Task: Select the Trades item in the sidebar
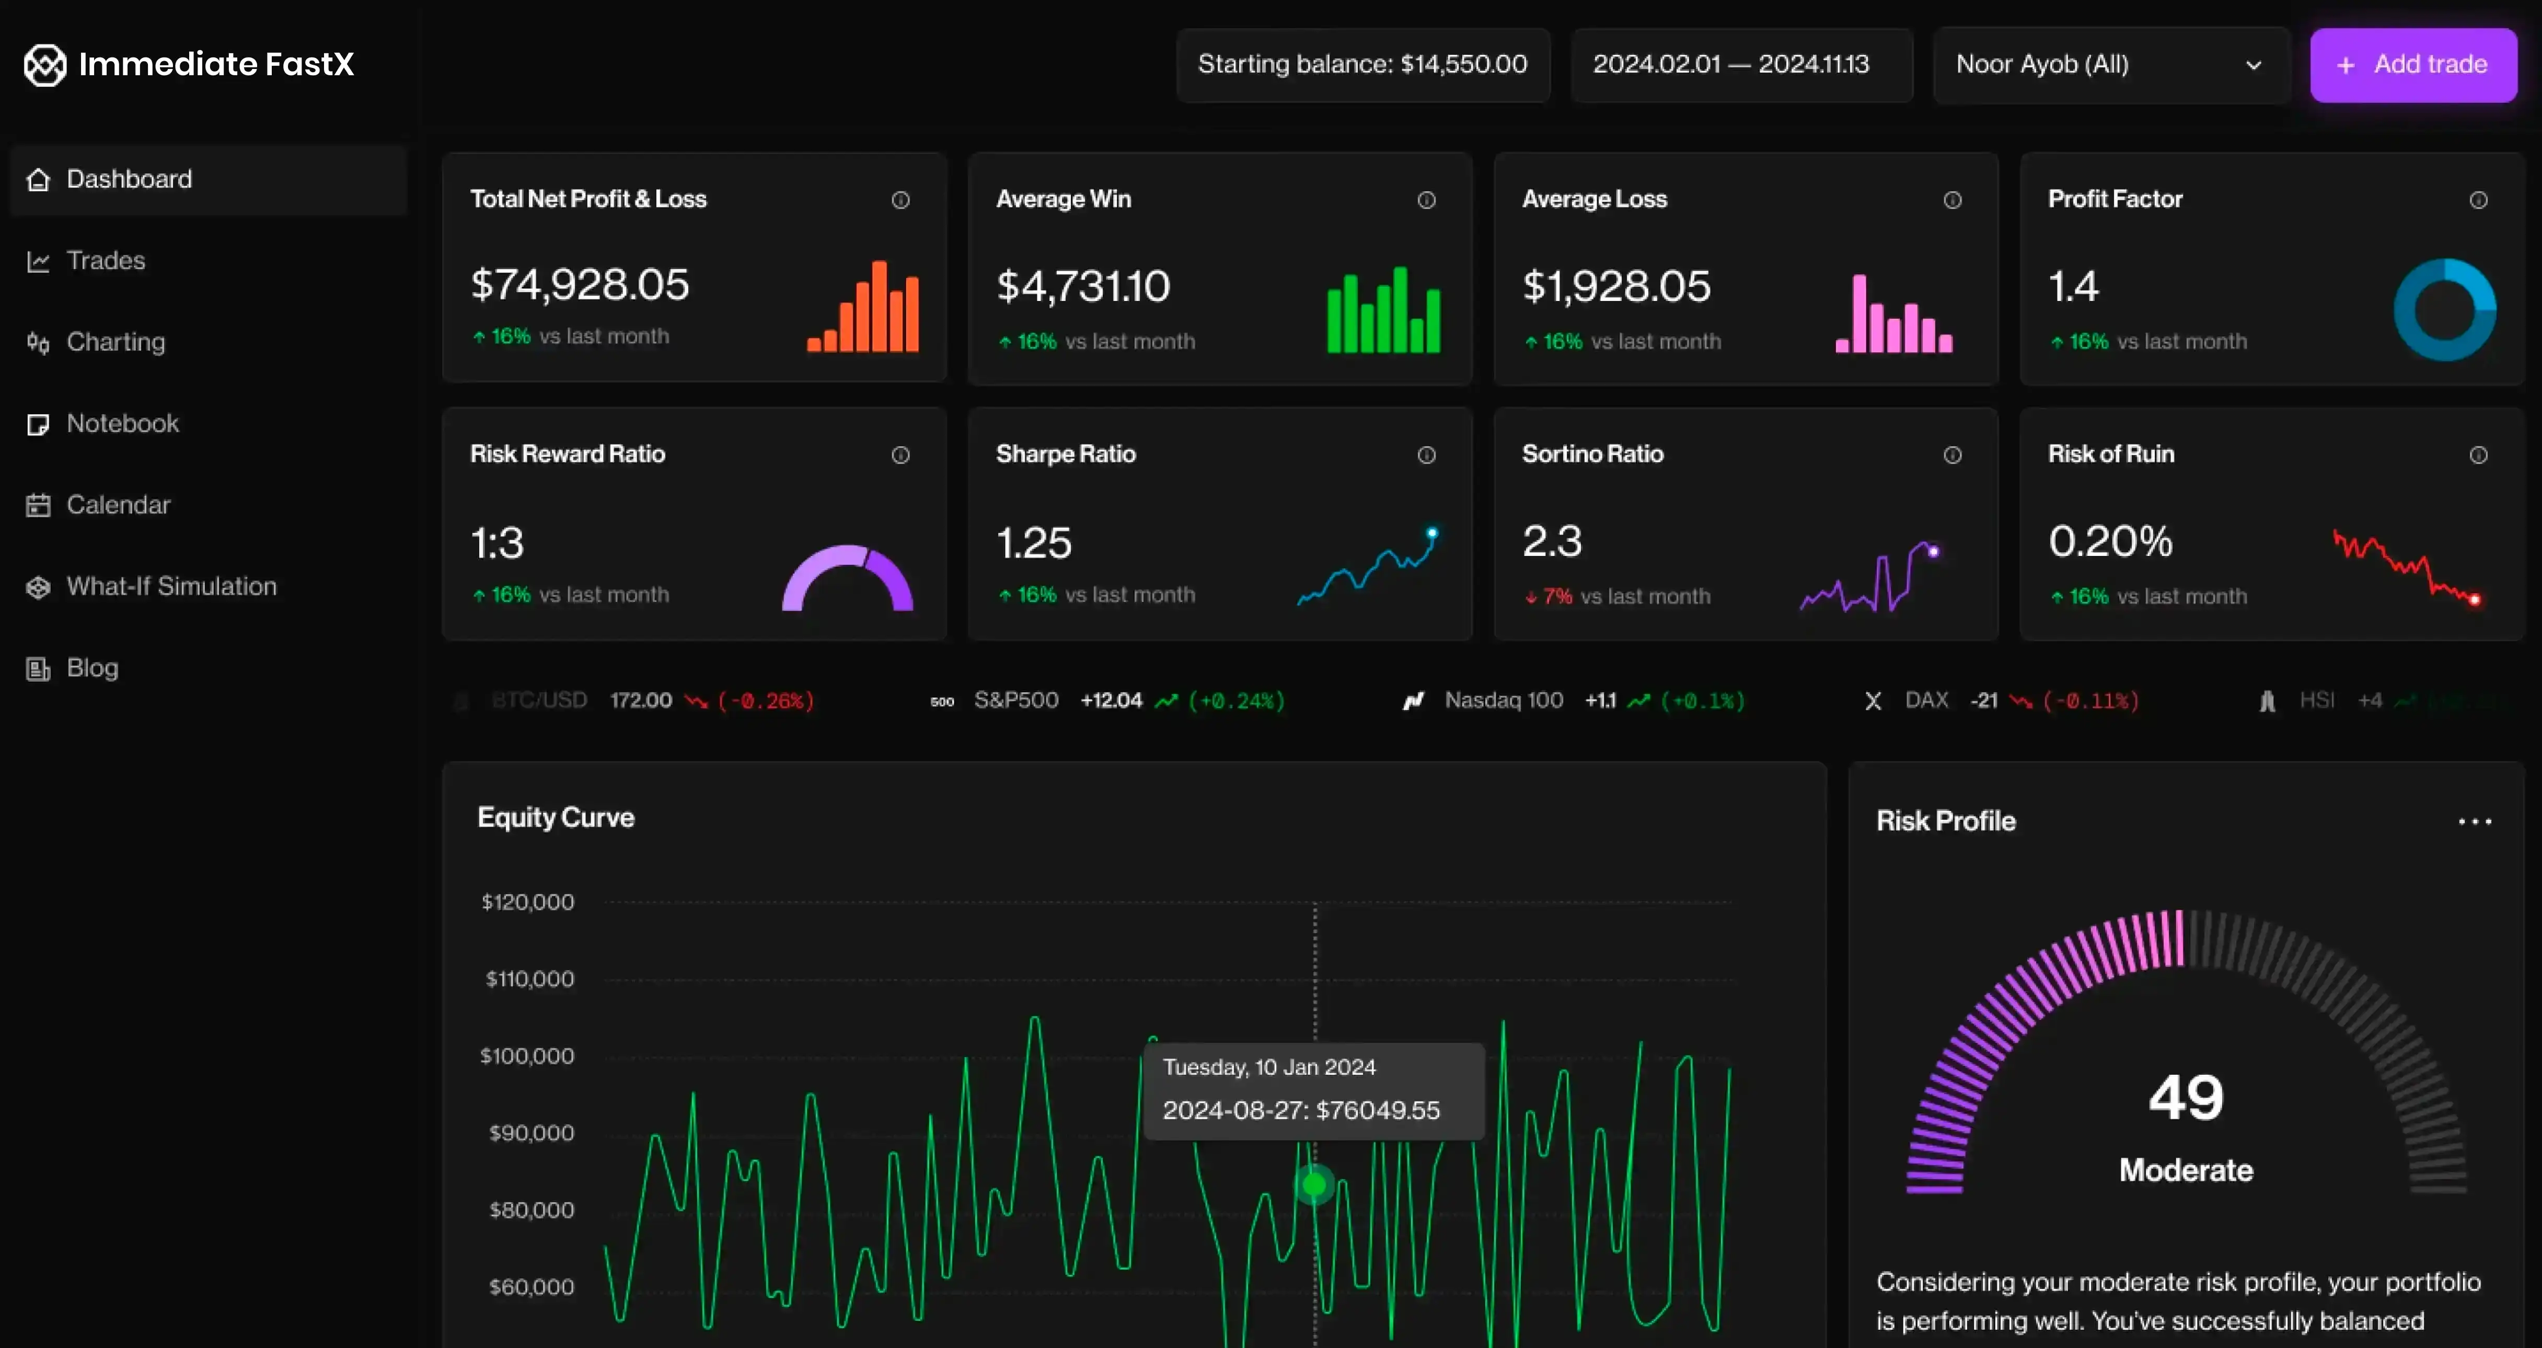click(106, 261)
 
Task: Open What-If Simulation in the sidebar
click(171, 586)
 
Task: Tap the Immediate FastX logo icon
click(44, 65)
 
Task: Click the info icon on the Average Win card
click(1426, 200)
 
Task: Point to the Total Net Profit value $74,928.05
click(579, 285)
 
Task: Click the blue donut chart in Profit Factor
click(2444, 310)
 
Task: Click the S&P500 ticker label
click(1015, 701)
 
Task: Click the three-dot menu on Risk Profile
click(2474, 821)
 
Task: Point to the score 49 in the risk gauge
click(2186, 1097)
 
